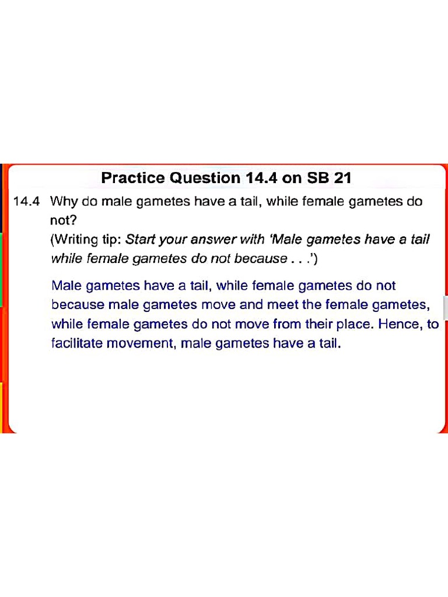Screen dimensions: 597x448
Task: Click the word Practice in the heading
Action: tap(133, 178)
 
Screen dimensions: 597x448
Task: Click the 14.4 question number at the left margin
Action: tap(26, 202)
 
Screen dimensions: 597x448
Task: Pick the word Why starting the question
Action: tap(62, 202)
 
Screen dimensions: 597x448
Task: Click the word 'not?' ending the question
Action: tap(61, 220)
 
